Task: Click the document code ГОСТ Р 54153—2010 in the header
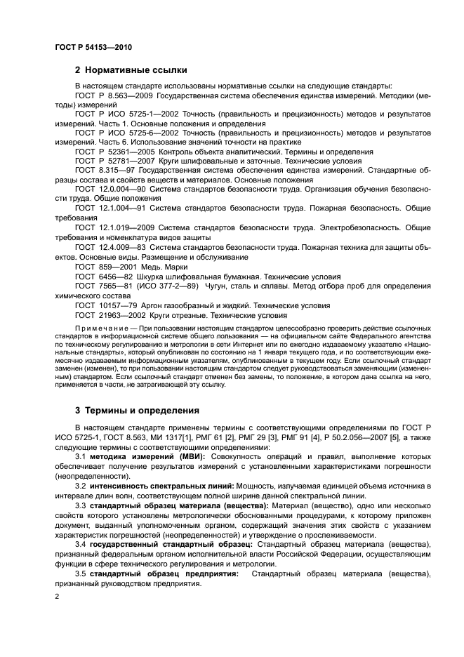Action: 93,46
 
